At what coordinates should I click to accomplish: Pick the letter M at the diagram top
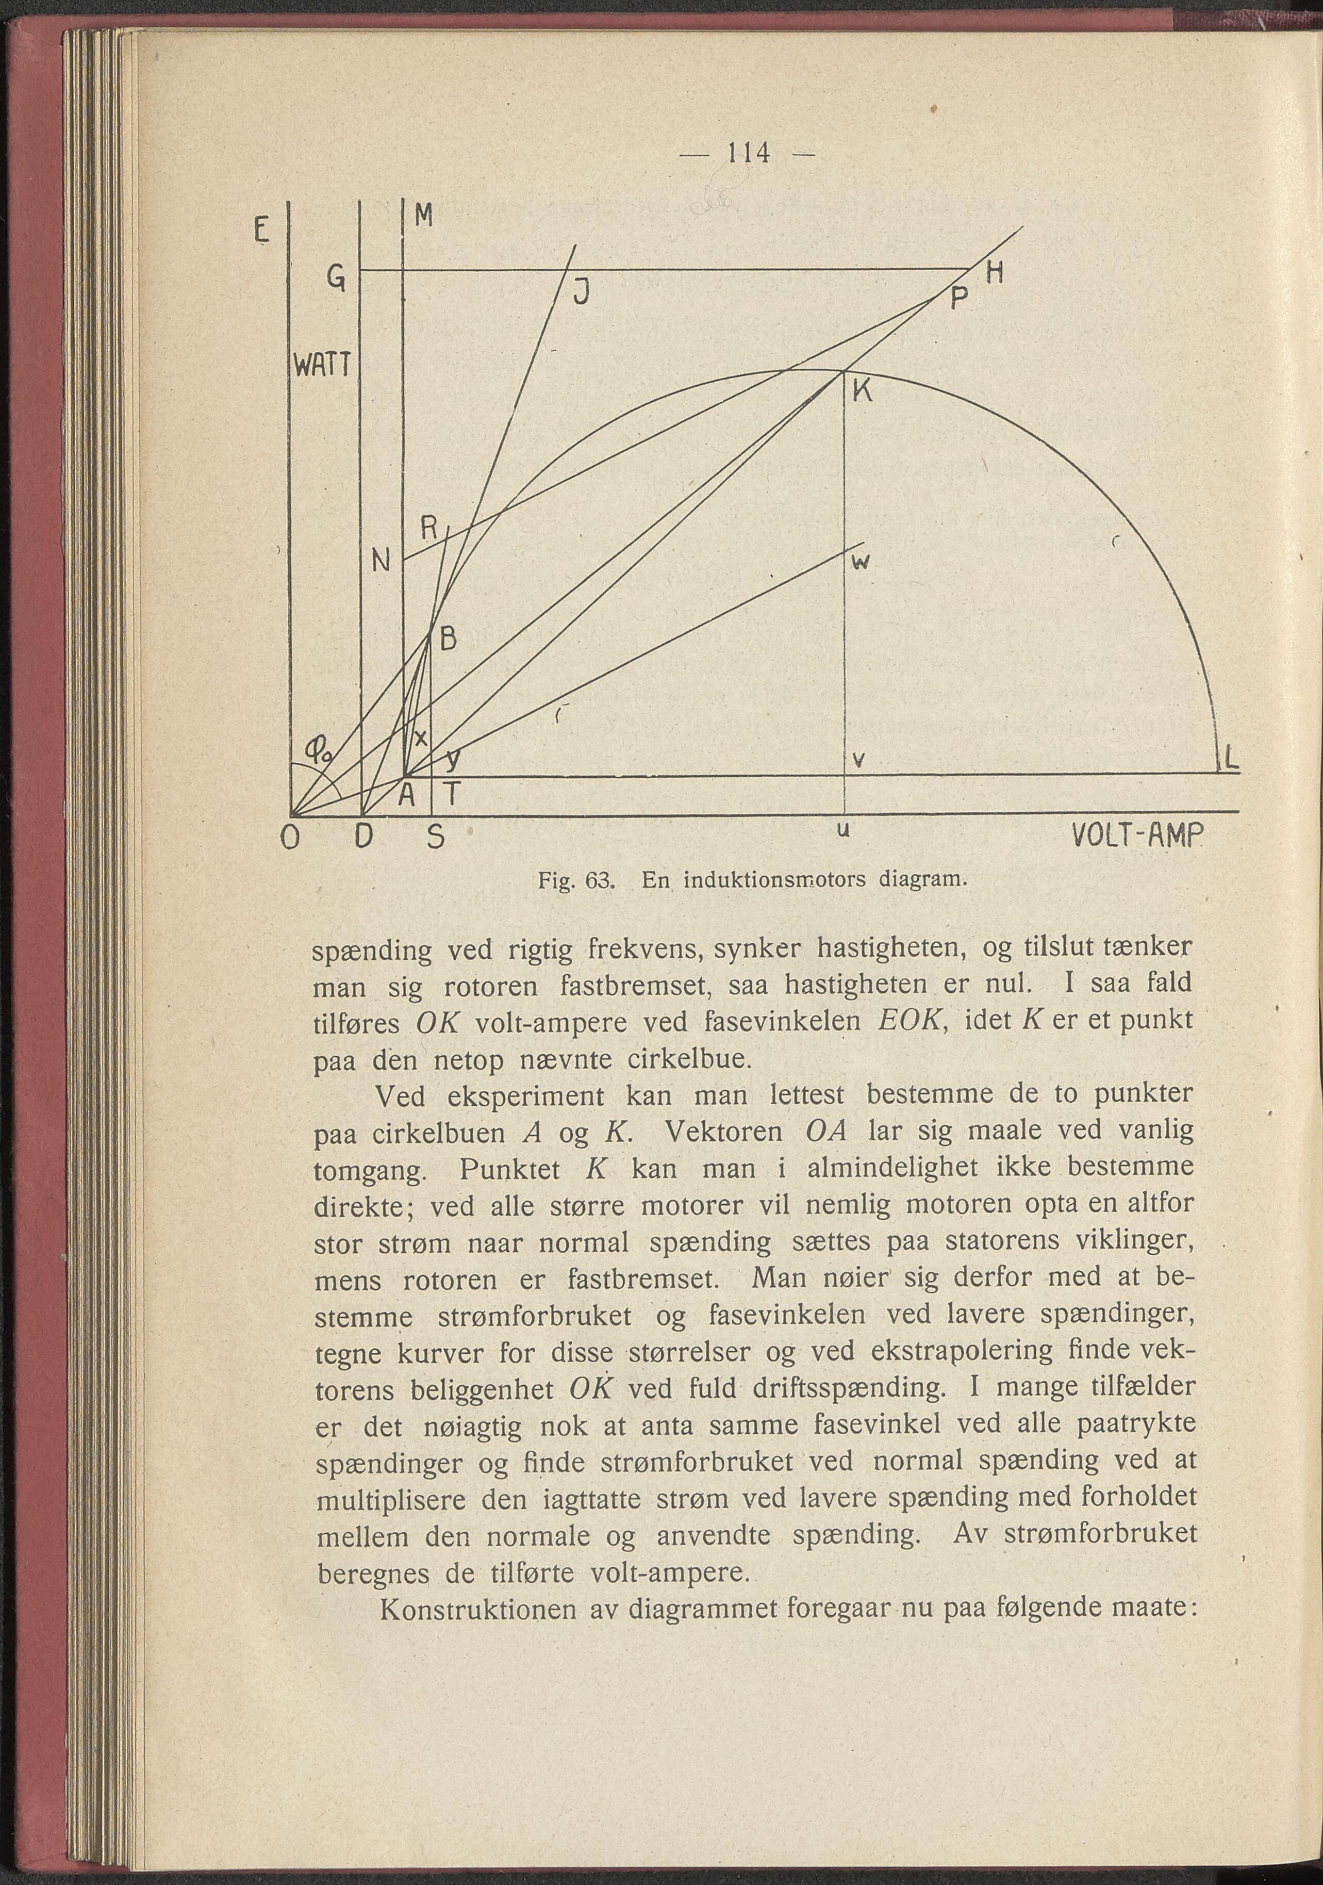423,216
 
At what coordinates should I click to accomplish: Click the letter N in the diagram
381,563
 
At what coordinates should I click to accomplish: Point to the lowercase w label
861,562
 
